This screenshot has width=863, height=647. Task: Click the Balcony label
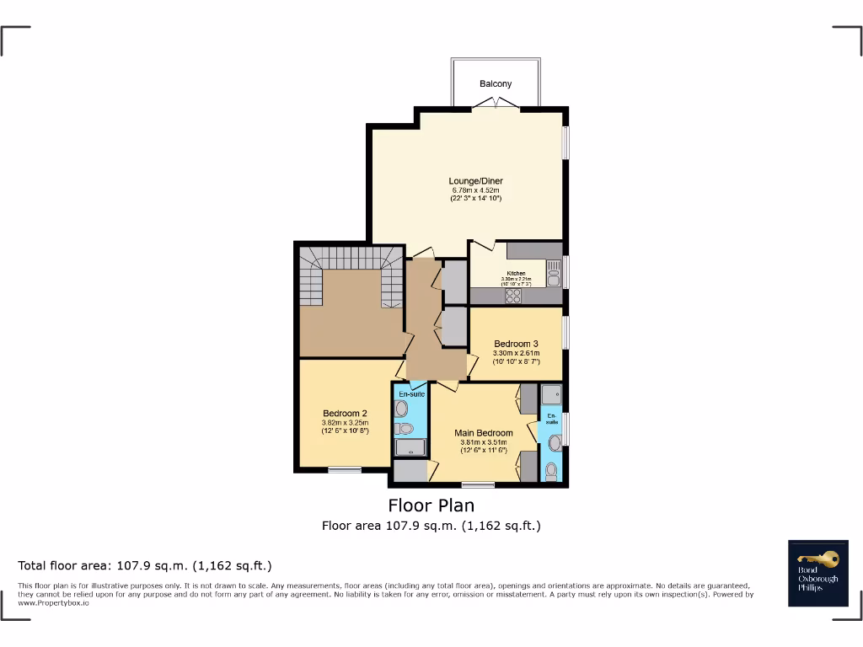[496, 84]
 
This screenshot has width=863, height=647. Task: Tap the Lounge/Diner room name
[475, 181]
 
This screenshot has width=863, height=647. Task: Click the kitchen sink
[554, 268]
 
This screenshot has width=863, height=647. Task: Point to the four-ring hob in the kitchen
[513, 295]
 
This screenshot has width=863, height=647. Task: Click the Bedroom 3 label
[516, 344]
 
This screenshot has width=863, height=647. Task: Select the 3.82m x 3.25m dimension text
[345, 423]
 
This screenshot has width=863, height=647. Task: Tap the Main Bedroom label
[483, 433]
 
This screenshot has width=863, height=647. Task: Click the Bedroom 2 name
[345, 413]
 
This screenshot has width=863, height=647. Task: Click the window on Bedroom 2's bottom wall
[344, 469]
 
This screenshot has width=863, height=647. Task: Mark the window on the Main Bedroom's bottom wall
[478, 484]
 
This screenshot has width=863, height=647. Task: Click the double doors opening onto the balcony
[495, 104]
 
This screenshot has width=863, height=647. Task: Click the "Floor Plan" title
[431, 505]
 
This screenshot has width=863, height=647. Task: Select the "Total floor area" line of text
[145, 565]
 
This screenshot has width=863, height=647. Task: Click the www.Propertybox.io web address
[54, 603]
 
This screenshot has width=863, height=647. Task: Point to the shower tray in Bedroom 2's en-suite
[410, 446]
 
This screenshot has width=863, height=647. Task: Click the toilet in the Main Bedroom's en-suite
[551, 470]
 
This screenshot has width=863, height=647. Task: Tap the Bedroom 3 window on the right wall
[565, 332]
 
